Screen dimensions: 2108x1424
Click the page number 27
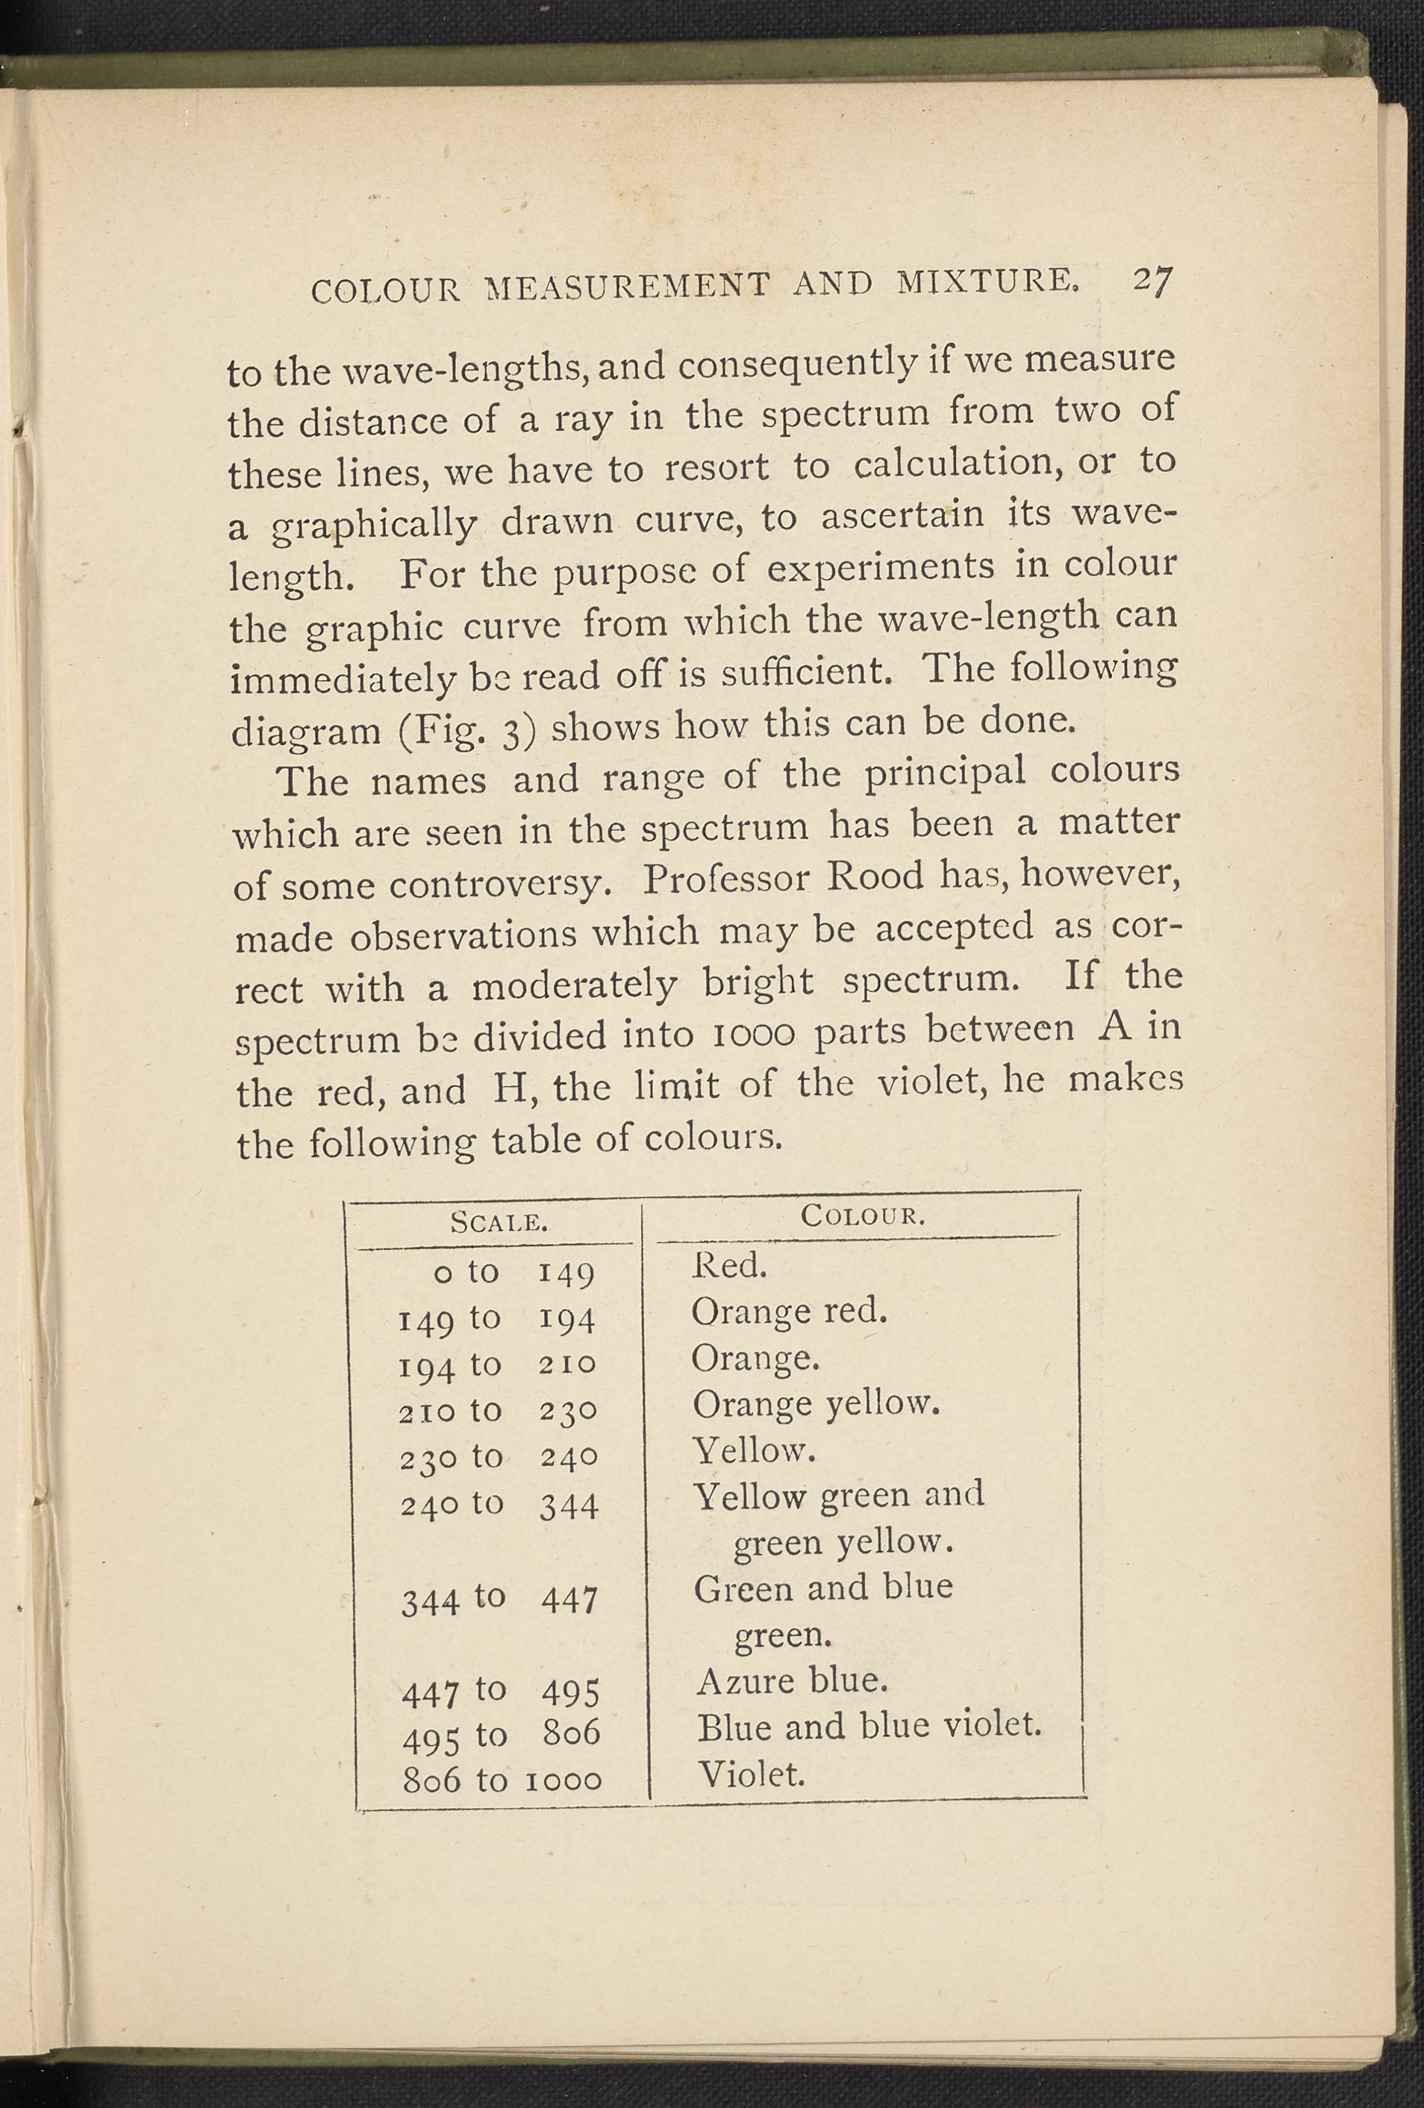(1152, 282)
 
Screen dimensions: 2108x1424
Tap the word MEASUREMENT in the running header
(627, 286)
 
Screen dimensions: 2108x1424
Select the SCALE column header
(499, 1223)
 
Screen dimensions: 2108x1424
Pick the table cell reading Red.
(729, 1266)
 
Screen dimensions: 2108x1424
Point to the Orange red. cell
(788, 1312)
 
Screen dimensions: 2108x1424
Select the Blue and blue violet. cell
(868, 1727)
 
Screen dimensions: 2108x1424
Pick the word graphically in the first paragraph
(375, 526)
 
